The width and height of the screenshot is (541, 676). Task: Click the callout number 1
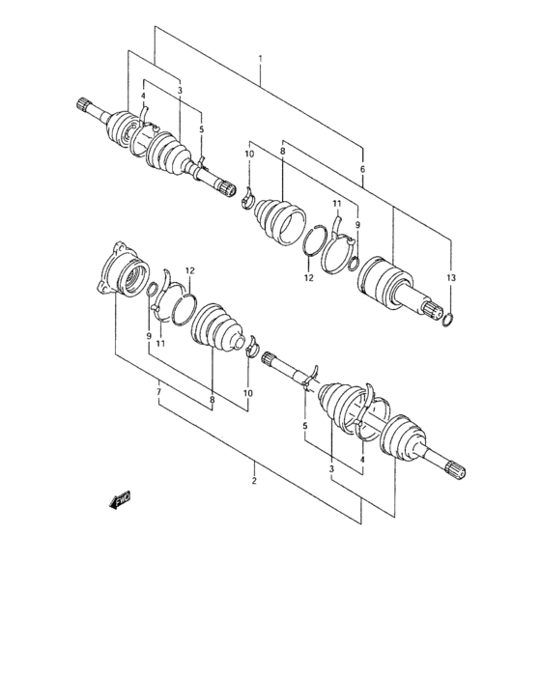[260, 60]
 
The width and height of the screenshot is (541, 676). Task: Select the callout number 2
[255, 480]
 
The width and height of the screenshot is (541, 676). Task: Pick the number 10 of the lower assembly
[247, 393]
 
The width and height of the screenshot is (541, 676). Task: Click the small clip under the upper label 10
[246, 198]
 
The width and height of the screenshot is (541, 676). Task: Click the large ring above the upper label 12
[315, 241]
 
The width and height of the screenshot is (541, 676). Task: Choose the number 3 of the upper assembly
[180, 91]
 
